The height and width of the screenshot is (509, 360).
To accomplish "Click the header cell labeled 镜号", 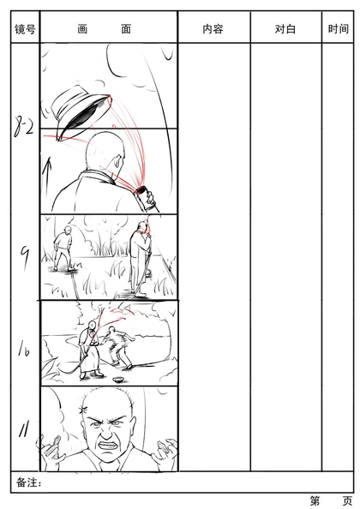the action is click(25, 29).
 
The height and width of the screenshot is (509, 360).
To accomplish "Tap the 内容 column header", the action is click(213, 29).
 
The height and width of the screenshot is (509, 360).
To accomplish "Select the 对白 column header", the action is click(285, 29).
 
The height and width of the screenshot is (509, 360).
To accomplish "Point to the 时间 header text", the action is click(339, 29).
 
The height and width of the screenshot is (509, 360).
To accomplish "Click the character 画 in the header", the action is click(82, 29).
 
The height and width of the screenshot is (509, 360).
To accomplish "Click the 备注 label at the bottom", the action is click(27, 482).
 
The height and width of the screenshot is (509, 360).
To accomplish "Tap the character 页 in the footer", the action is click(348, 501).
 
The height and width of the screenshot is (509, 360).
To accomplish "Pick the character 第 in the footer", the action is click(315, 501).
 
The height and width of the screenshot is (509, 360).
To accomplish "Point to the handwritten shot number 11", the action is click(24, 428).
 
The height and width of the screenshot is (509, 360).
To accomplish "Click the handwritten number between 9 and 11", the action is click(23, 348).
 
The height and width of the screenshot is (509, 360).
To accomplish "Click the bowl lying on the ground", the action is click(118, 380).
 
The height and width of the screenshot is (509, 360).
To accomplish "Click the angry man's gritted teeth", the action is click(108, 445).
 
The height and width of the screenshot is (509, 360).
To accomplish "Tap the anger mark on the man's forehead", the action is click(82, 410).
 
